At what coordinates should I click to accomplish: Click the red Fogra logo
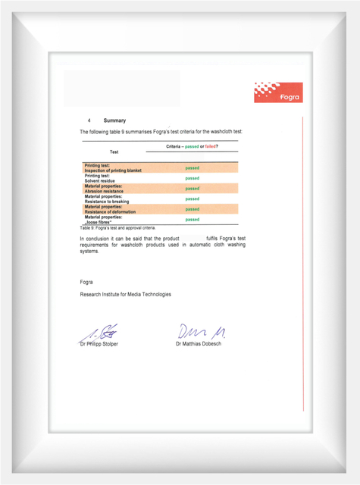pos(278,92)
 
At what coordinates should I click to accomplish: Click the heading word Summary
pos(115,120)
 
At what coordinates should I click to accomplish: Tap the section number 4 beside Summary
pos(89,120)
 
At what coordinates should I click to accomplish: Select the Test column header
pos(114,152)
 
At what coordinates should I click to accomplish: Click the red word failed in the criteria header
pos(211,145)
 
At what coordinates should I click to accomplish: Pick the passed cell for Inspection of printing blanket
pos(193,167)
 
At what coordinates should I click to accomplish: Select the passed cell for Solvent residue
pos(193,178)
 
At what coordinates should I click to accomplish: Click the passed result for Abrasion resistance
pos(193,188)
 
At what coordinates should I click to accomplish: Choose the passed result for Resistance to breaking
pos(193,199)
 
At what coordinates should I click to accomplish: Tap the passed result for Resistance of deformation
pos(193,208)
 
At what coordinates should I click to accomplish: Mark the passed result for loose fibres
pos(193,219)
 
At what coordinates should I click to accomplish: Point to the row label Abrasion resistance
pos(104,191)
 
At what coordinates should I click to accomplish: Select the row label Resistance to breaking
pos(107,202)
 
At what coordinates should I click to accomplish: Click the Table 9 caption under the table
pos(117,227)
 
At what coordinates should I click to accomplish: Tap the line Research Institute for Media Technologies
pos(125,294)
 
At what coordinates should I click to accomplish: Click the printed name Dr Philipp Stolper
pos(99,344)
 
